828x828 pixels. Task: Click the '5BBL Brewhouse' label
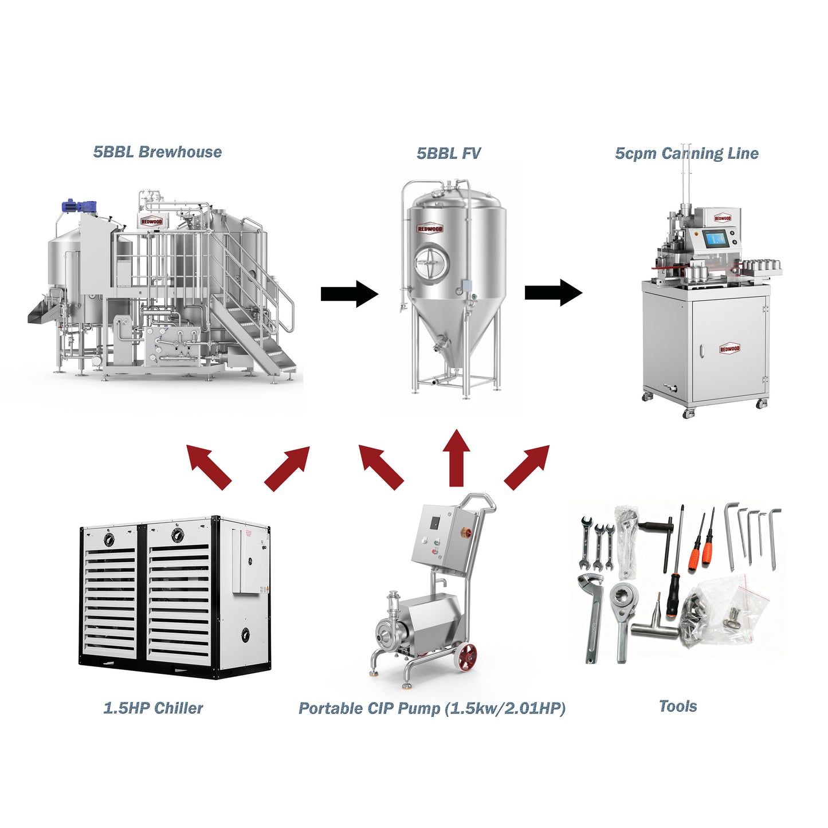pyautogui.click(x=157, y=152)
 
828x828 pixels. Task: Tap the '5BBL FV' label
pyautogui.click(x=448, y=153)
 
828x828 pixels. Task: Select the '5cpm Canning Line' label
pyautogui.click(x=686, y=153)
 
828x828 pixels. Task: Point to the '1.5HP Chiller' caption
pyautogui.click(x=153, y=708)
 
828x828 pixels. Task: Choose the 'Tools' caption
pyautogui.click(x=678, y=706)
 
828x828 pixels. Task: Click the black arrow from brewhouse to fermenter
pyautogui.click(x=349, y=293)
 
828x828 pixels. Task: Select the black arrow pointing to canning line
pyautogui.click(x=553, y=293)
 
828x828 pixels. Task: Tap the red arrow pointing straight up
pyautogui.click(x=457, y=458)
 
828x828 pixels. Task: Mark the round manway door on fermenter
pyautogui.click(x=430, y=262)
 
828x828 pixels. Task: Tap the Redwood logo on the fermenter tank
pyautogui.click(x=430, y=229)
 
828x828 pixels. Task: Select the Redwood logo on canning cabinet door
pyautogui.click(x=729, y=348)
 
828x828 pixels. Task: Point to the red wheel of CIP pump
pyautogui.click(x=466, y=658)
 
